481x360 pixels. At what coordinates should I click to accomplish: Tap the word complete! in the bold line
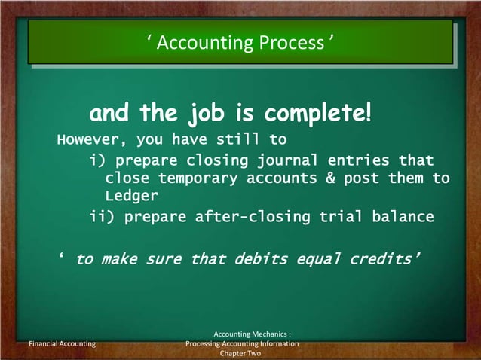tap(316, 114)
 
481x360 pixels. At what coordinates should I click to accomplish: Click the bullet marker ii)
tap(101, 218)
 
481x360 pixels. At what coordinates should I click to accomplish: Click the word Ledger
tap(131, 197)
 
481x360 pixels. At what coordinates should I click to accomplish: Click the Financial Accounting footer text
tap(62, 344)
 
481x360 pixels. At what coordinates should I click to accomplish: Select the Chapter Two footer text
tap(240, 353)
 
